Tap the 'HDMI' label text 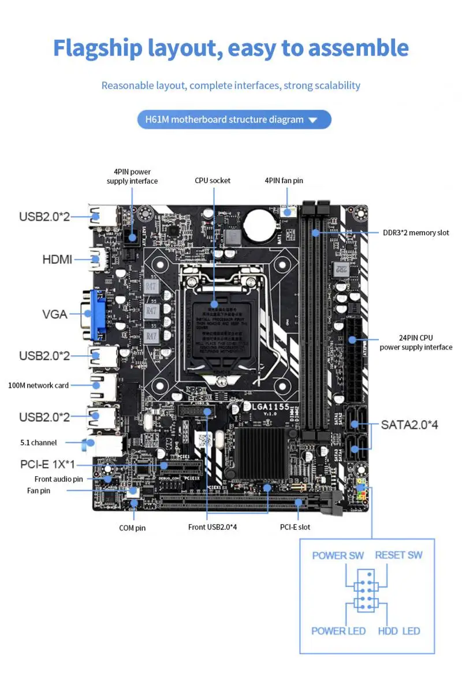[57, 259]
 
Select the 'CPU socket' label [213, 181]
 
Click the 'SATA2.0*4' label [409, 425]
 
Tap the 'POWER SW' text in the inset [338, 555]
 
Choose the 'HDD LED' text [399, 630]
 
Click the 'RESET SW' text [398, 555]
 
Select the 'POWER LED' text [338, 630]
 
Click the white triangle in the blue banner [313, 120]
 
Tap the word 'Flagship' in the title [98, 48]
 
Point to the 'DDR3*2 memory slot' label [416, 233]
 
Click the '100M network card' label [39, 385]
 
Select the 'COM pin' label [132, 528]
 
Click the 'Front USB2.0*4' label [213, 527]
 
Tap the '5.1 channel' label [38, 443]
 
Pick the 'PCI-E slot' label [295, 527]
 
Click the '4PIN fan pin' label [284, 181]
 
